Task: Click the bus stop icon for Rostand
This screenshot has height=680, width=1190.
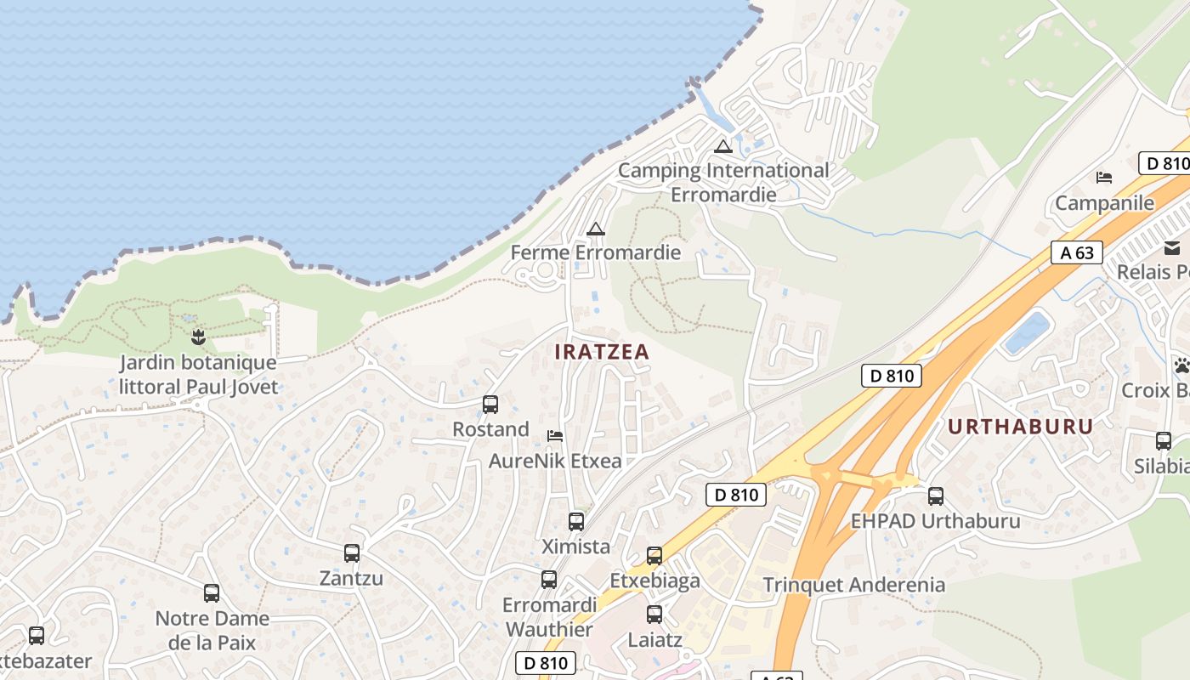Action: pyautogui.click(x=490, y=405)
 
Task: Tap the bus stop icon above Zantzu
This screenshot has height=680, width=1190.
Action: pyautogui.click(x=352, y=553)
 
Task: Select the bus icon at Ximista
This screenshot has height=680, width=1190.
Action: pyautogui.click(x=576, y=522)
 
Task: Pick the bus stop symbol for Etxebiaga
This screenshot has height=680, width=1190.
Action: pyautogui.click(x=654, y=556)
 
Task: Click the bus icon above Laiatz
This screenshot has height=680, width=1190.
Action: pyautogui.click(x=654, y=615)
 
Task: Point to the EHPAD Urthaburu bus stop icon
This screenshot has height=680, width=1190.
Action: pyautogui.click(x=936, y=496)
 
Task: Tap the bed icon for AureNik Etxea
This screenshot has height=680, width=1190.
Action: pyautogui.click(x=555, y=436)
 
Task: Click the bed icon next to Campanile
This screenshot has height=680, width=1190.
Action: pyautogui.click(x=1104, y=178)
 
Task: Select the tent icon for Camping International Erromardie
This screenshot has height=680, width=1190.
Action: pyautogui.click(x=723, y=146)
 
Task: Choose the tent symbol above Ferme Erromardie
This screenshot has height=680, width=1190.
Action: pyautogui.click(x=595, y=229)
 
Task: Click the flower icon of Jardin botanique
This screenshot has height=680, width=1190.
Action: pyautogui.click(x=198, y=337)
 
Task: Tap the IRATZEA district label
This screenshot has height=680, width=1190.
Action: pyautogui.click(x=602, y=351)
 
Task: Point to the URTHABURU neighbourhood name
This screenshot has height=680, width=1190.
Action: pyautogui.click(x=1020, y=427)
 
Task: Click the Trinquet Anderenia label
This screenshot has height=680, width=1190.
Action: pyautogui.click(x=853, y=585)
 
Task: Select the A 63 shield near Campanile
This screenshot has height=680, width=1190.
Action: pyautogui.click(x=1077, y=252)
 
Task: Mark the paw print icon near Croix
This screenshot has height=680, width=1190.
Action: pyautogui.click(x=1181, y=366)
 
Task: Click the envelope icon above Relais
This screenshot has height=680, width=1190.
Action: pyautogui.click(x=1173, y=248)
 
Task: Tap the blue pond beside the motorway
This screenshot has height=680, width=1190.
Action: pyautogui.click(x=1027, y=332)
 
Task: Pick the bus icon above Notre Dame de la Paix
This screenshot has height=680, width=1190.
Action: pyautogui.click(x=212, y=593)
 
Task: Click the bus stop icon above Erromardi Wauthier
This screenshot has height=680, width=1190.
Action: pyautogui.click(x=549, y=580)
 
